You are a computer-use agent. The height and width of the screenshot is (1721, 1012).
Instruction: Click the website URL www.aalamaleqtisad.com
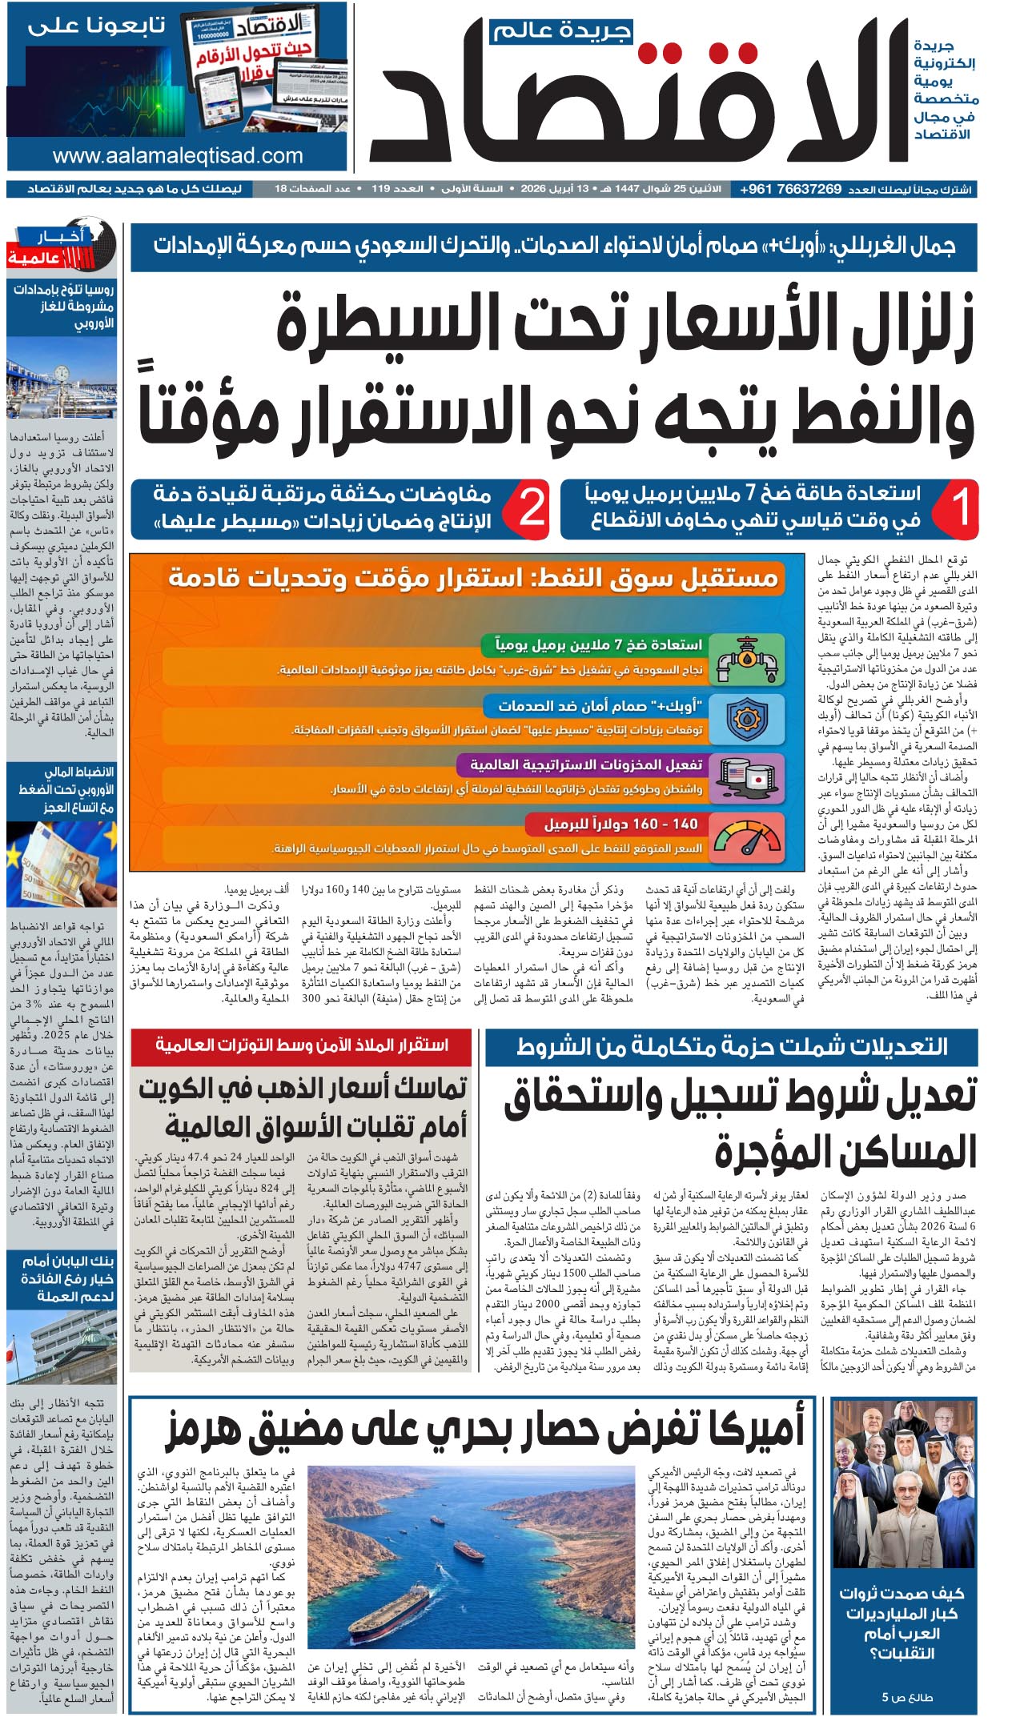pyautogui.click(x=178, y=156)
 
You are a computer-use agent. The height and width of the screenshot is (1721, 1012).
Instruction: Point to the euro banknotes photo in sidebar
pyautogui.click(x=62, y=866)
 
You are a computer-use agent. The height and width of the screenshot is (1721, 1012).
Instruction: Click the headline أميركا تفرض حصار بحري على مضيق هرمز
pyautogui.click(x=484, y=1430)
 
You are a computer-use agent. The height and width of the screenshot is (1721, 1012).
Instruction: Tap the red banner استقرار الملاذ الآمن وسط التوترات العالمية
pyautogui.click(x=301, y=1045)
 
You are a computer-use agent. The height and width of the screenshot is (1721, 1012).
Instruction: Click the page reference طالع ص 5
pyautogui.click(x=907, y=1696)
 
